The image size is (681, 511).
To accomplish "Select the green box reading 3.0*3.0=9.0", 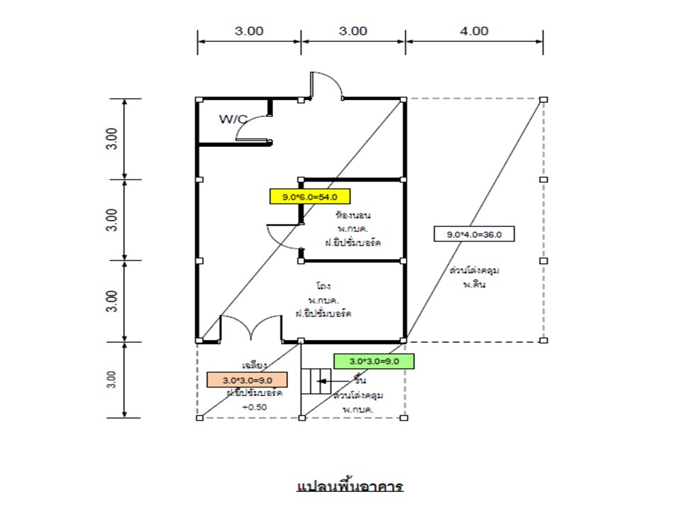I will click(x=373, y=361).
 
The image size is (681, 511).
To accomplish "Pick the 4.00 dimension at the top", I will click(x=474, y=31).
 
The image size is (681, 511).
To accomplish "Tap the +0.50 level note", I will click(x=253, y=407).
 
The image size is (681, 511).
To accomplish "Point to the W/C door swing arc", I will click(x=253, y=128).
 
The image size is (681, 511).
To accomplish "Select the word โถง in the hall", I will click(x=323, y=287).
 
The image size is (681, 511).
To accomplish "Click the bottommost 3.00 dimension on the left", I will click(x=112, y=380).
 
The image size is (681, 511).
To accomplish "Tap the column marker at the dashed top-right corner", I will click(x=543, y=100).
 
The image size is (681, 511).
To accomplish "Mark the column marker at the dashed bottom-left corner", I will click(x=199, y=417).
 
